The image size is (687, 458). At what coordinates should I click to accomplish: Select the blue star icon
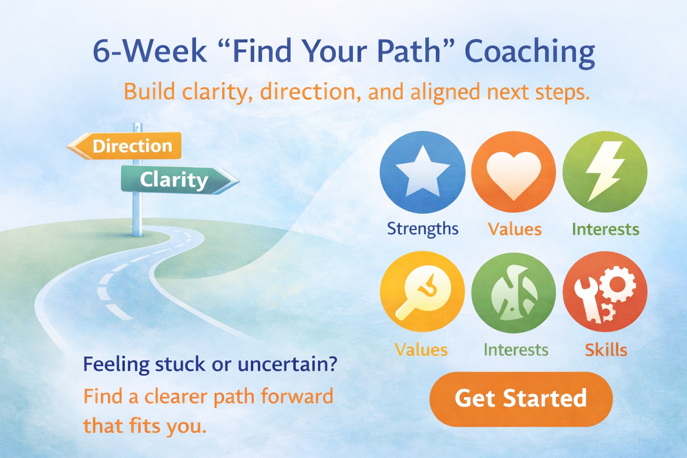[422, 172]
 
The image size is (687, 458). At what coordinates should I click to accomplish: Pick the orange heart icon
[513, 172]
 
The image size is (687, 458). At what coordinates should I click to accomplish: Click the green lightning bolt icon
[605, 172]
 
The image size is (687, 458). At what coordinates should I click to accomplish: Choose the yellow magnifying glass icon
[422, 292]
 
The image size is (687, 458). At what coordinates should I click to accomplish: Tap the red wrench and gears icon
[605, 292]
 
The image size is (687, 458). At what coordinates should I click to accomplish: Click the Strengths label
[422, 229]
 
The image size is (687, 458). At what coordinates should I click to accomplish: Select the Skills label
[606, 350]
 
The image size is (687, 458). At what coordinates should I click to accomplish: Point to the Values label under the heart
[514, 229]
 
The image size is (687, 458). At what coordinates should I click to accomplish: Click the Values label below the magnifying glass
[421, 350]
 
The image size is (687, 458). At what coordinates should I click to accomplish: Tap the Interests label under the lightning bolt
[605, 229]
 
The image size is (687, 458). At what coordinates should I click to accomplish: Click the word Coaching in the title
[530, 52]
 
